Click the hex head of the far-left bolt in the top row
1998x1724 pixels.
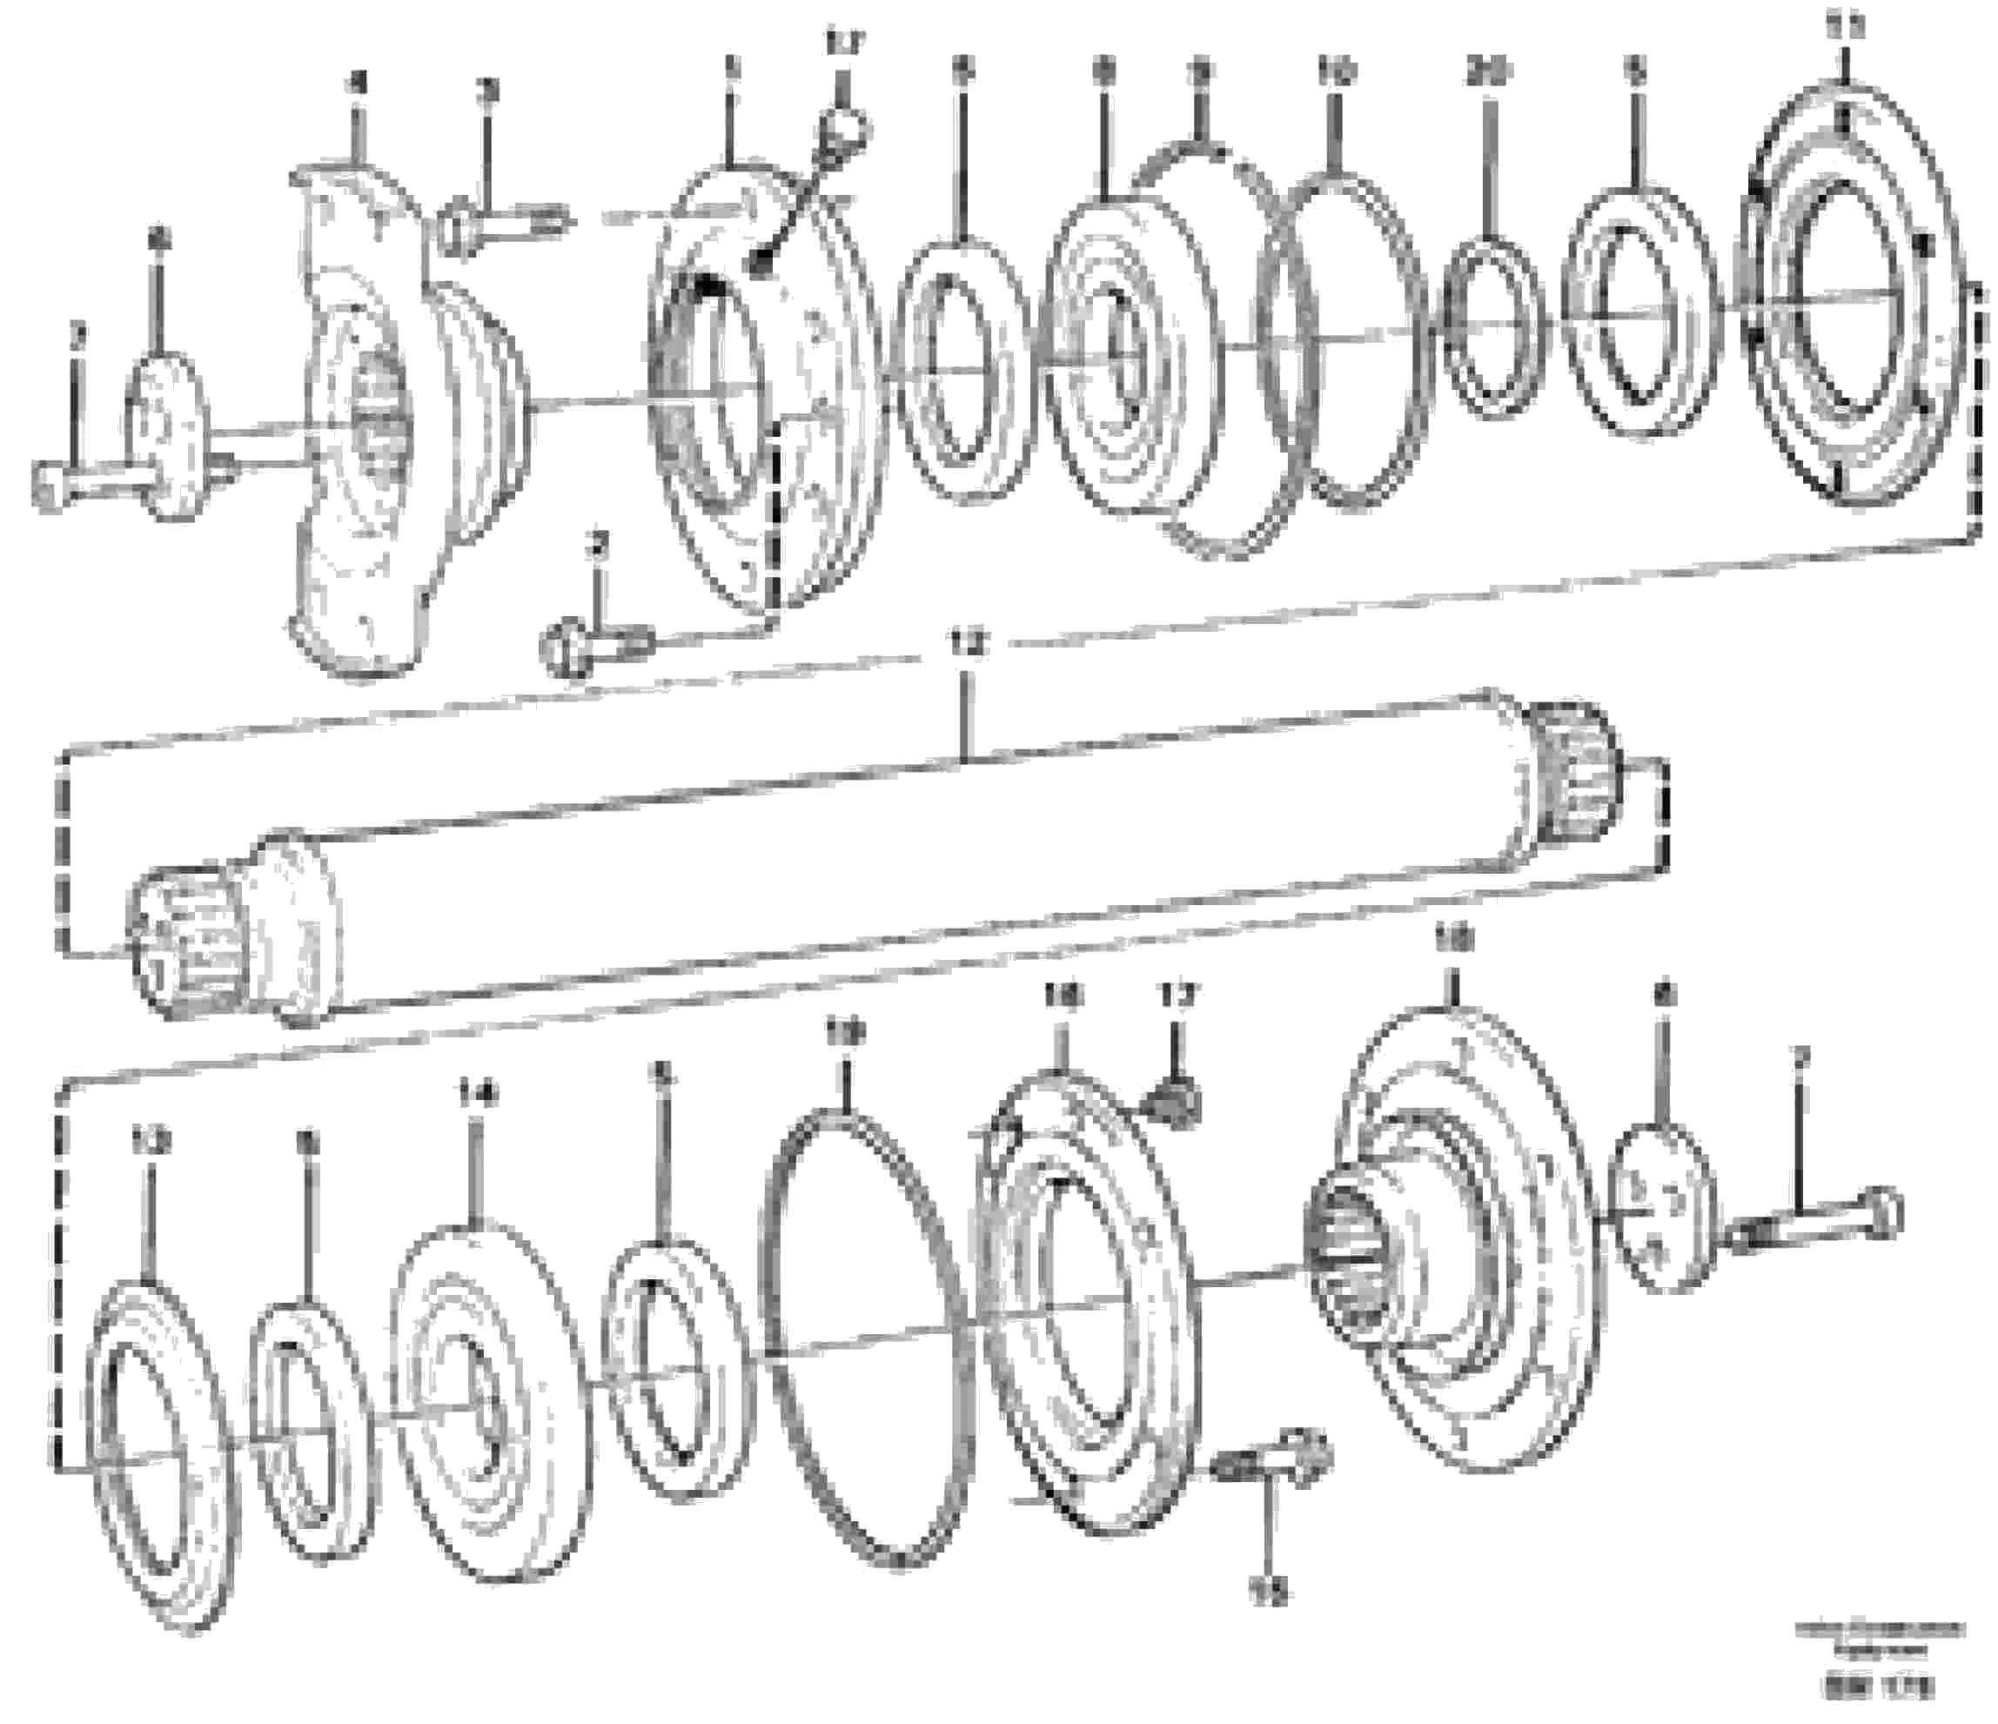(x=50, y=483)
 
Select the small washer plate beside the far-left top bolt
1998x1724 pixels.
(x=162, y=439)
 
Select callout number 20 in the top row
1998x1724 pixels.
(x=1489, y=72)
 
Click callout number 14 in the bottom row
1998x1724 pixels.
(x=479, y=1093)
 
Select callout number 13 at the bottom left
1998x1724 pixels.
(x=150, y=1144)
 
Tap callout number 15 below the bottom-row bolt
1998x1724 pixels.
(x=1273, y=1597)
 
